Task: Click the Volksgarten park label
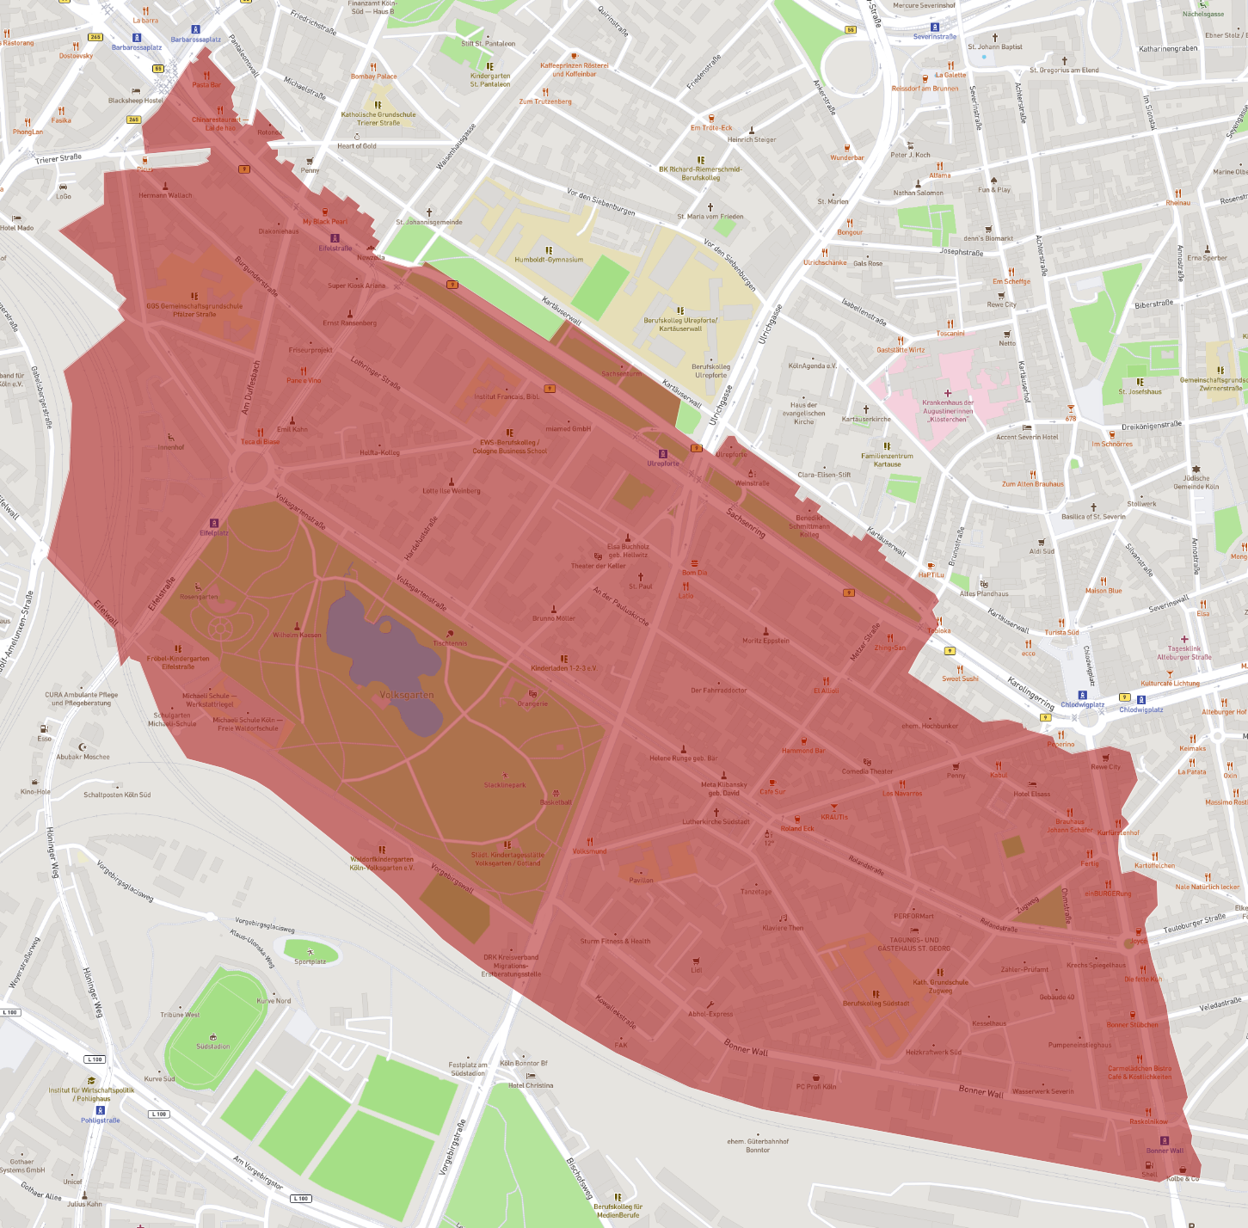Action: [407, 695]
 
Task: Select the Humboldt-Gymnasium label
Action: [549, 260]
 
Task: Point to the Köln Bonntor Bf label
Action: [524, 1064]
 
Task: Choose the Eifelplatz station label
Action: [214, 533]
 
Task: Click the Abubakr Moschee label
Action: [83, 757]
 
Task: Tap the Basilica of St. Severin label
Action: [1093, 517]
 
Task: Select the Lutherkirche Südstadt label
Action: [716, 821]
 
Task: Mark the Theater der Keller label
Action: [599, 566]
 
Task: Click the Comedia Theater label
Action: [867, 771]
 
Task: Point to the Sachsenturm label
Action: [621, 374]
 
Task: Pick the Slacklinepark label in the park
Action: [505, 785]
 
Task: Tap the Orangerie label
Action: [532, 703]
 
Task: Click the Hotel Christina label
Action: [531, 1085]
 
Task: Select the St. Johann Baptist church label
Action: [995, 47]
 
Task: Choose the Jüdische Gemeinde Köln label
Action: [1196, 482]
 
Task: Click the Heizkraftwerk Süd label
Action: [933, 1052]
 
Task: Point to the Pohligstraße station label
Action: [101, 1121]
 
